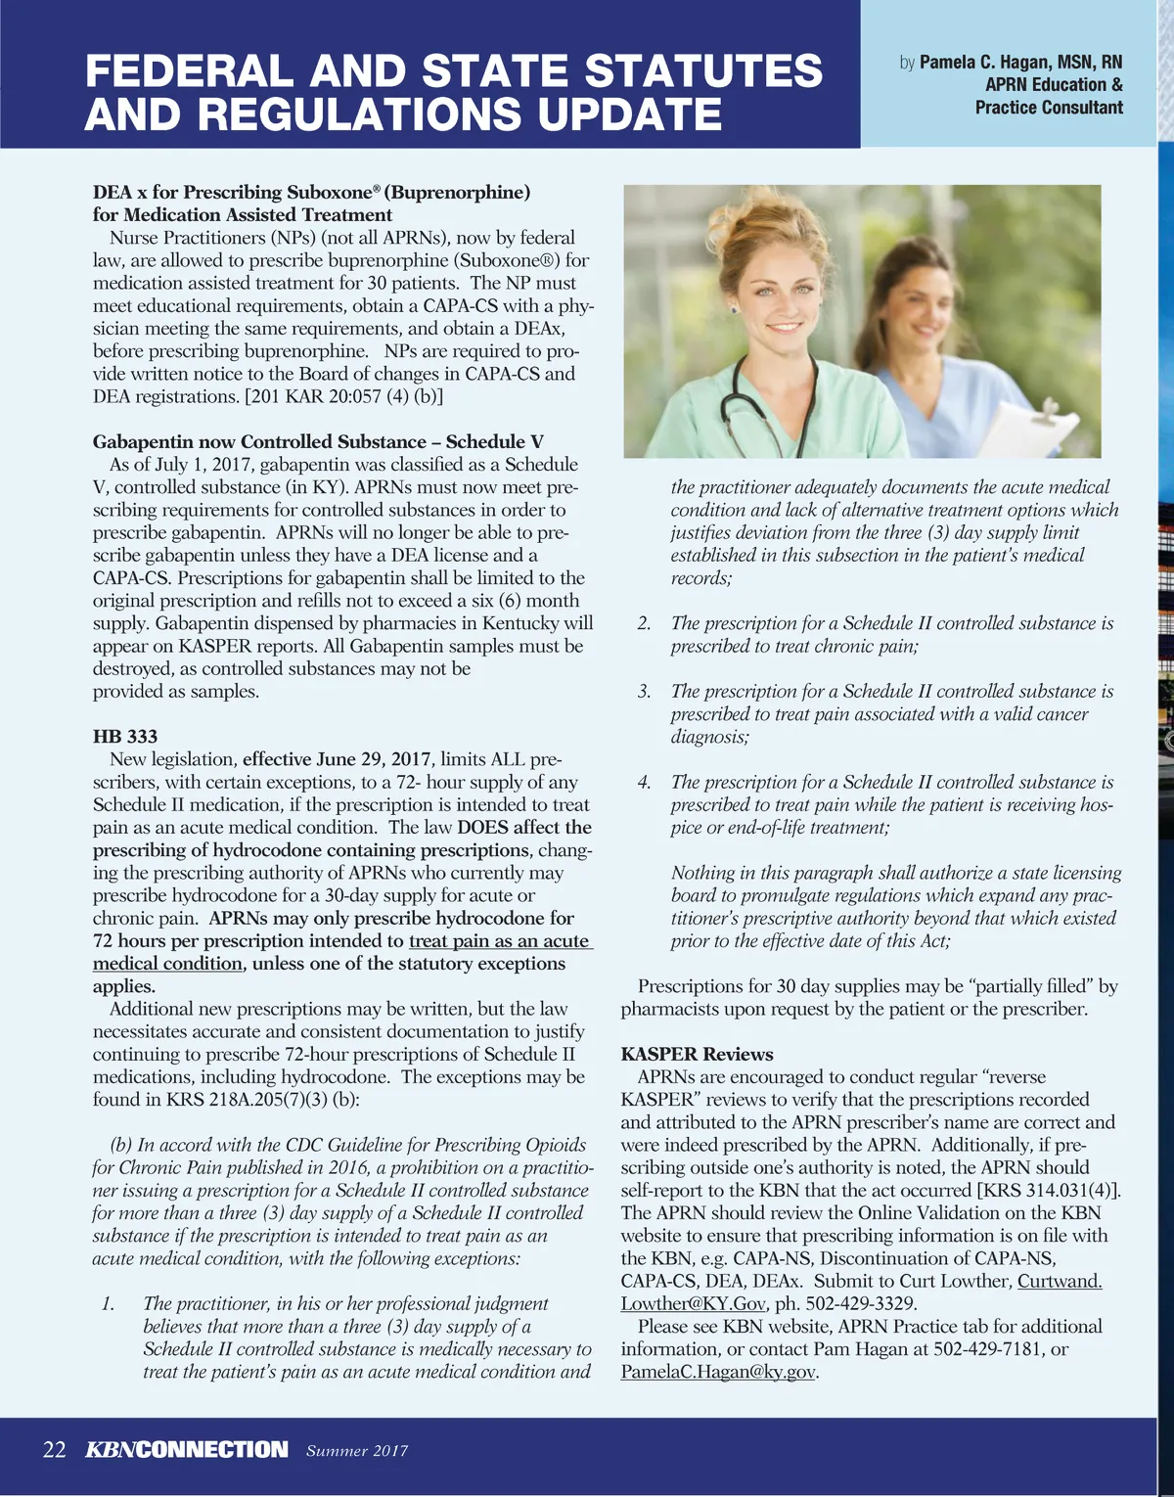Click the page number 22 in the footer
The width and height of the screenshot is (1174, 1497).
(x=55, y=1449)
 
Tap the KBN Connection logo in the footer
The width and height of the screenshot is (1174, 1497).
(x=187, y=1449)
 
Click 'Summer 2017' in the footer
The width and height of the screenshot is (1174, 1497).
(x=357, y=1451)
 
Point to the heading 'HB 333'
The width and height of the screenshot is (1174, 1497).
(x=125, y=737)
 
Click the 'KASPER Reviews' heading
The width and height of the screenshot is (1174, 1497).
(x=697, y=1054)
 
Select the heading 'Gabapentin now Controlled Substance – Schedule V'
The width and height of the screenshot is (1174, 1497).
(x=318, y=442)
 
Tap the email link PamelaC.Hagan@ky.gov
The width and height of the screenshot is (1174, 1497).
(x=718, y=1372)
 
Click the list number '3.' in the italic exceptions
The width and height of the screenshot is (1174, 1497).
(x=645, y=692)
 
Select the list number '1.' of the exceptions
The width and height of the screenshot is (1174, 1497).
(x=109, y=1304)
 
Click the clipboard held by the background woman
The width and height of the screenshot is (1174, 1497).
(x=1037, y=415)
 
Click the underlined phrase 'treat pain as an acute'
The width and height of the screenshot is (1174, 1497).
(x=499, y=941)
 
